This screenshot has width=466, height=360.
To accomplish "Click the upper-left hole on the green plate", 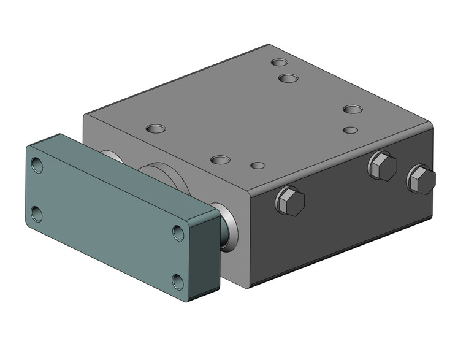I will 37,165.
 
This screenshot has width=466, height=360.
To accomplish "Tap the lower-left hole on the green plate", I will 37,214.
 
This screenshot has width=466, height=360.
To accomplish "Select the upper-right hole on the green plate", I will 178,232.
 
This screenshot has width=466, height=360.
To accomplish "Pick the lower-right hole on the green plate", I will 178,281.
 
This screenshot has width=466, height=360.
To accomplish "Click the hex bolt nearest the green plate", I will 290,201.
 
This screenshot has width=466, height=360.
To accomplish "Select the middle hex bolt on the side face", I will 383,166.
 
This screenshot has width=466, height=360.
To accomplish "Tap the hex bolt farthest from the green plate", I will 421,180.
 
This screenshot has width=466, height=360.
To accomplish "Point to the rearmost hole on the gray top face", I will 280,63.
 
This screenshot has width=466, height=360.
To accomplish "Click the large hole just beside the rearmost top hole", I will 288,78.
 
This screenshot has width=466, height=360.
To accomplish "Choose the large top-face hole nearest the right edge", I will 353,110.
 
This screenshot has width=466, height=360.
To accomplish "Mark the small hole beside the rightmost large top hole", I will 350,130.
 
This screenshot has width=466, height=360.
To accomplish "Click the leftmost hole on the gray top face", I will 156,129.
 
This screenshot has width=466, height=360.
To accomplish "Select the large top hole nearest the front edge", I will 220,160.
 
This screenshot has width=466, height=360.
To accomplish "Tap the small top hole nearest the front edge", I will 259,166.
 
